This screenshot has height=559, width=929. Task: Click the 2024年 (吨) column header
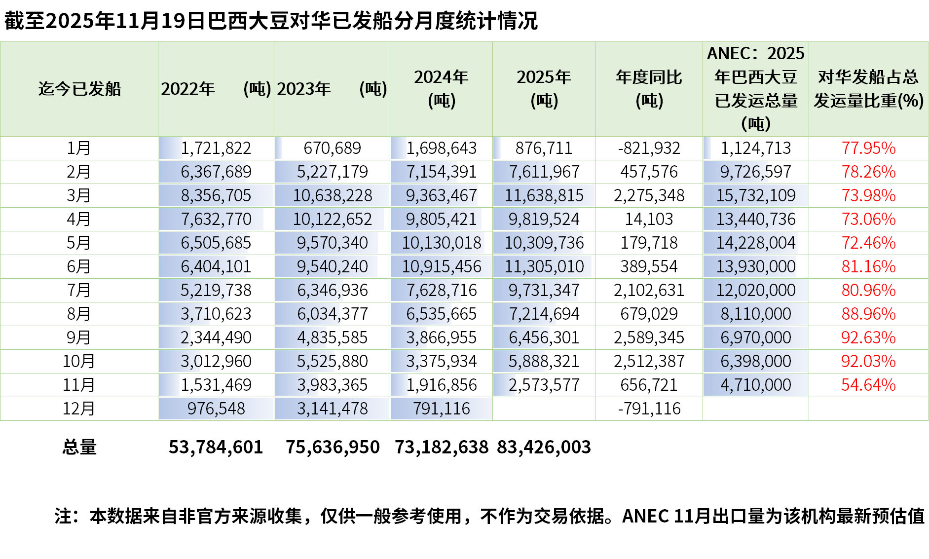(441, 89)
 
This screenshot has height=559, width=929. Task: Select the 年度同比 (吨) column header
(649, 89)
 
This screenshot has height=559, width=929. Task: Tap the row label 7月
(79, 290)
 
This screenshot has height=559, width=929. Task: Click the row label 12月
(79, 409)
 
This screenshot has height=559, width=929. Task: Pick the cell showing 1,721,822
(216, 148)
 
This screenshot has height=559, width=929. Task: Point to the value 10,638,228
(332, 195)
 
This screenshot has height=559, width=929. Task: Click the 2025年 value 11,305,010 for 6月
(544, 266)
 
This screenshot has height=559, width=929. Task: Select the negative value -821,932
(649, 148)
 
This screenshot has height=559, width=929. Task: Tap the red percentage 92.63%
(868, 337)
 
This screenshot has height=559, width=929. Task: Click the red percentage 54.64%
(868, 385)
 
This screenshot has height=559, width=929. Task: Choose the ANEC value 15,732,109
(755, 195)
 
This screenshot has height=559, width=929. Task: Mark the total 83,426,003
(544, 447)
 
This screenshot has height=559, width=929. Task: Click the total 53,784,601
(216, 447)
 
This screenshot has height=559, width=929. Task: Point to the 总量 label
(79, 447)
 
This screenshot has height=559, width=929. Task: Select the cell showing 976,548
(216, 409)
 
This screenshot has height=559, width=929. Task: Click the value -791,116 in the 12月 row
(649, 409)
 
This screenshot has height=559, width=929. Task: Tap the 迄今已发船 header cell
(79, 89)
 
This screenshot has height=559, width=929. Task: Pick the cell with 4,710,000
(755, 385)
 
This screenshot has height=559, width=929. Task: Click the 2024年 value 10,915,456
(441, 266)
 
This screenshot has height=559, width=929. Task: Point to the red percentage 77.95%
(868, 148)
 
